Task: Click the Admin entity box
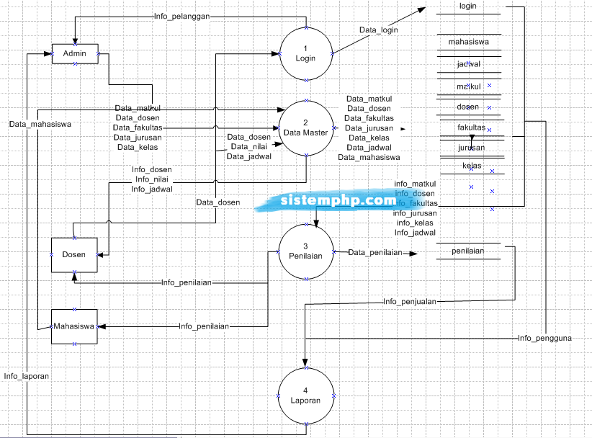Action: tap(75, 54)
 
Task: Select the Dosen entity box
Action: tap(73, 254)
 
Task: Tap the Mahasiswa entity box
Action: tap(73, 326)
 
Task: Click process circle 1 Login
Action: tap(306, 53)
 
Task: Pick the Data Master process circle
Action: tap(306, 128)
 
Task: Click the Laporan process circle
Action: tap(306, 395)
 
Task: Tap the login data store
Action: tap(468, 6)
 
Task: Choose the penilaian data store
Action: tap(468, 251)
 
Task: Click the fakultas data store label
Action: tap(471, 127)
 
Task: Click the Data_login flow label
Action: tap(379, 30)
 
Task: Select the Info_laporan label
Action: tap(26, 376)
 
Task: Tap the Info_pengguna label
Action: tap(545, 338)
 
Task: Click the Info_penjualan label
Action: tap(410, 302)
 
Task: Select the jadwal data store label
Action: tap(468, 64)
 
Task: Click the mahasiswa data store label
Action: tap(468, 42)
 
